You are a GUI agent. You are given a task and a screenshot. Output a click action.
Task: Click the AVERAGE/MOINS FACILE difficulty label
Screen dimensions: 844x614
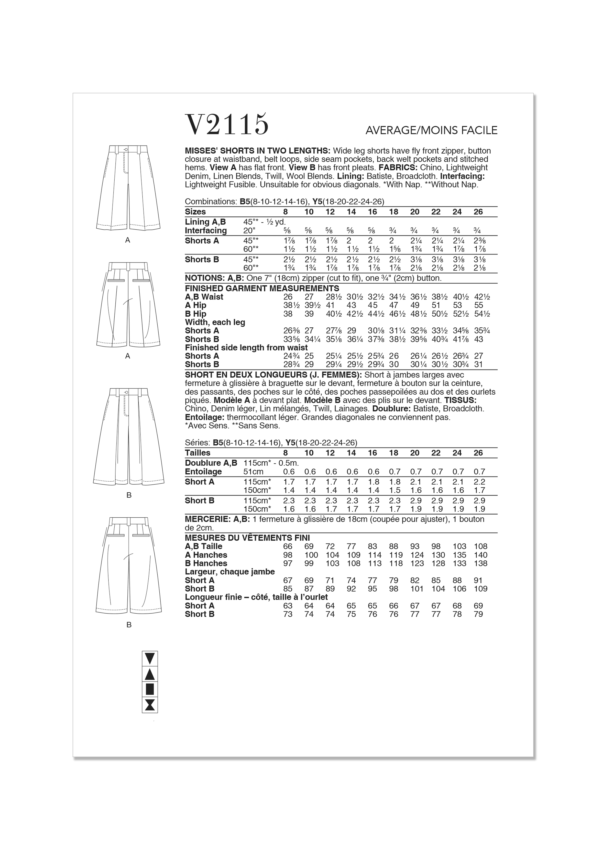click(x=431, y=130)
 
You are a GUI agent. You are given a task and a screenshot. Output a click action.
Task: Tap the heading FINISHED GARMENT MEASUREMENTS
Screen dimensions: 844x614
click(x=262, y=288)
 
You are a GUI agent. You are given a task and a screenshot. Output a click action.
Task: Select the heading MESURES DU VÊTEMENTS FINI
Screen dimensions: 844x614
click(x=247, y=538)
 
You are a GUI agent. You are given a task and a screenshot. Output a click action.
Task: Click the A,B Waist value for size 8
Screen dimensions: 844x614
click(x=288, y=297)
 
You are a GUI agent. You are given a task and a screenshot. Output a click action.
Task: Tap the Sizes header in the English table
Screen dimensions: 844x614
click(x=195, y=212)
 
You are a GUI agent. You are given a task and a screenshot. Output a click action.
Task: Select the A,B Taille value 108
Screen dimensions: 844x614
click(x=481, y=546)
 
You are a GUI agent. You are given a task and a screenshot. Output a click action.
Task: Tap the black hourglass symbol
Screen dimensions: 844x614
click(x=150, y=705)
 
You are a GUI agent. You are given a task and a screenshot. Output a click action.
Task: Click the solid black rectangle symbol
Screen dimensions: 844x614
click(x=150, y=690)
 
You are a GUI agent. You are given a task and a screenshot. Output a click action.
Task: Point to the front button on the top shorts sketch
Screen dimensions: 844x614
click(x=125, y=150)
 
